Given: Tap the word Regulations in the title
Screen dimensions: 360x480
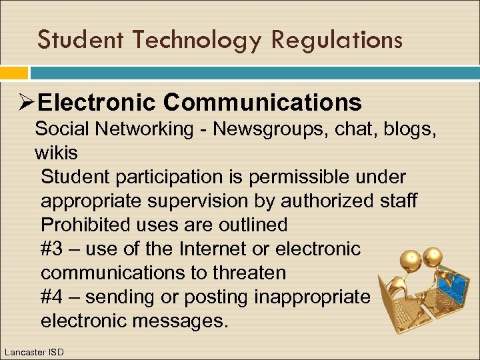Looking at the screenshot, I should tap(337, 40).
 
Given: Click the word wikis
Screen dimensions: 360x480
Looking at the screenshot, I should tap(56, 153).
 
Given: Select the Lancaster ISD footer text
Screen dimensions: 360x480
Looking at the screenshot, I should tap(34, 351).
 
